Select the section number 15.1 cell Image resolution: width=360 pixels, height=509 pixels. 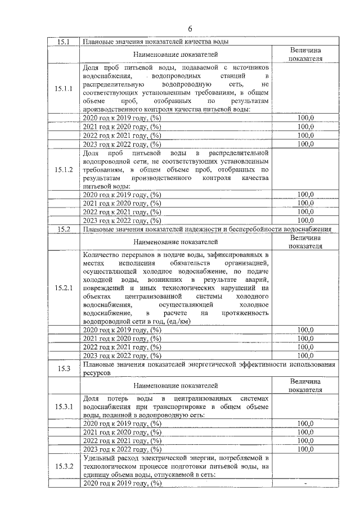coord(64,42)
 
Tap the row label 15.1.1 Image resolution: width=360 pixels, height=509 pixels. coord(64,89)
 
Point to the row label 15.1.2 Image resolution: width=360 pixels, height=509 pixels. coord(64,169)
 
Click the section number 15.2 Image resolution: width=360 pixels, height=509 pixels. coord(64,229)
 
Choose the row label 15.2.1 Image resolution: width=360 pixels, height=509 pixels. coord(64,287)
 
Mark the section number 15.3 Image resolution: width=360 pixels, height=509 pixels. coord(64,368)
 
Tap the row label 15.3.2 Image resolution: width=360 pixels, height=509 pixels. coord(64,466)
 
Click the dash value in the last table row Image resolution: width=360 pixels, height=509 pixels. coord(305,484)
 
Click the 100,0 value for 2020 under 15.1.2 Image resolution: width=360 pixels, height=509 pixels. coord(305,195)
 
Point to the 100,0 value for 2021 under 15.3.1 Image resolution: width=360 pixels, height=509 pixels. coord(305,433)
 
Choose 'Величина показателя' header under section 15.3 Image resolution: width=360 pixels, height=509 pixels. coord(305,385)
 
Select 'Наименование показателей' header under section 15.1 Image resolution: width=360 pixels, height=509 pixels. coord(175,54)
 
